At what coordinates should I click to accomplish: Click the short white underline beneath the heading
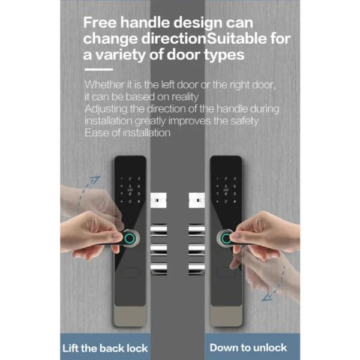(99, 70)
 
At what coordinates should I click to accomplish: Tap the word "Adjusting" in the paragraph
(106, 109)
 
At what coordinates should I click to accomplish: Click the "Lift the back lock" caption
(105, 348)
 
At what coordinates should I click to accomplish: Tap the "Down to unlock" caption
(248, 347)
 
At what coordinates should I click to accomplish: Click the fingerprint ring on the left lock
(130, 239)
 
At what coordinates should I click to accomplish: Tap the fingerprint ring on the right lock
(226, 239)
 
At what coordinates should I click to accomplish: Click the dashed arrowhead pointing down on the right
(267, 298)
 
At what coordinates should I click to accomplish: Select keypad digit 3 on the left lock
(139, 178)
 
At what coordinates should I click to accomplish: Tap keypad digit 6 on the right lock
(235, 186)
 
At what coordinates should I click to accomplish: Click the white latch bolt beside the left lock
(158, 200)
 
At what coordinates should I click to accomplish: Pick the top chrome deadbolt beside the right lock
(197, 230)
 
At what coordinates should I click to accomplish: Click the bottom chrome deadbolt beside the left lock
(158, 269)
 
